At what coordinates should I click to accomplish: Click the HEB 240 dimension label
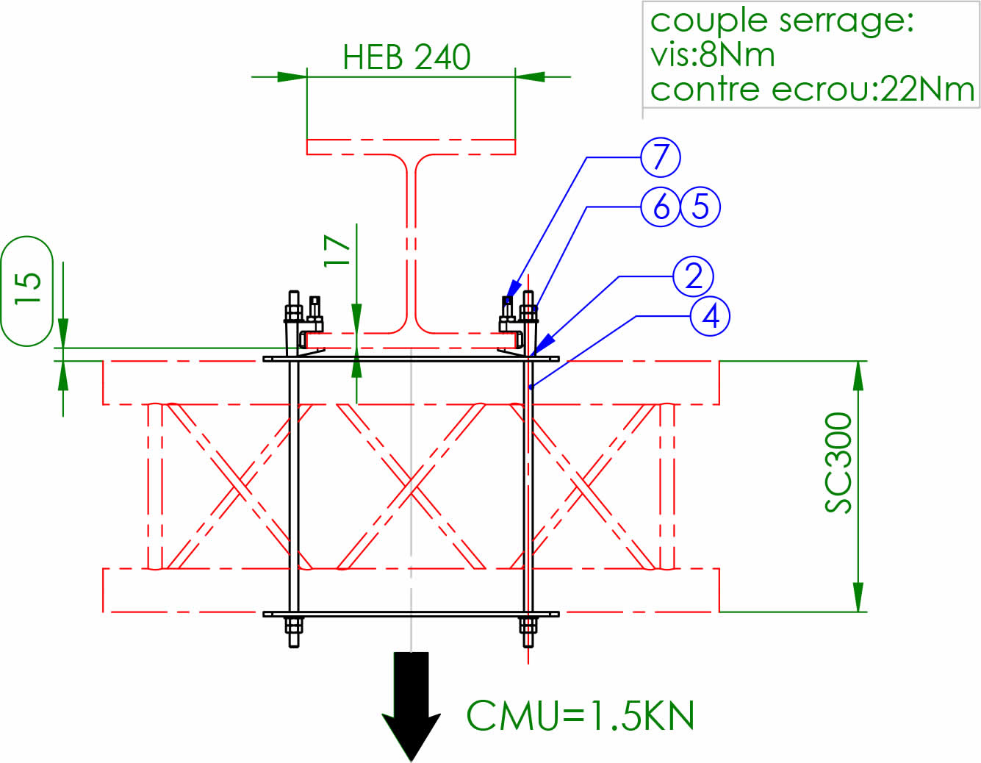coord(406,57)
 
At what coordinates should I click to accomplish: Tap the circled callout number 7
coord(661,157)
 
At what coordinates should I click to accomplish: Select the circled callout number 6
coord(661,207)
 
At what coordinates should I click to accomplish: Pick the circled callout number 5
coord(700,207)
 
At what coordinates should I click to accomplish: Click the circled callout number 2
coord(693,276)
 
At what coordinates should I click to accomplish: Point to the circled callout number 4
coord(710,316)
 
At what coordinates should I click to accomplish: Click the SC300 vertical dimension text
coord(838,462)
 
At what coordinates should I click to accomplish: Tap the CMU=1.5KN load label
coord(581,715)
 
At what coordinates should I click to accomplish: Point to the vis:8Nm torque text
coord(712,55)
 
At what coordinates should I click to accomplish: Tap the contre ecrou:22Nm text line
coord(812,90)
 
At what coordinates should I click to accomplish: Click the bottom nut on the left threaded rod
coord(293,626)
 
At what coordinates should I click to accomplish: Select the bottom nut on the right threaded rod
coord(528,626)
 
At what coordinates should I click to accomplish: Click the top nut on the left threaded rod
coord(293,312)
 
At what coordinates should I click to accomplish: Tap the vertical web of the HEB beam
coord(411,243)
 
